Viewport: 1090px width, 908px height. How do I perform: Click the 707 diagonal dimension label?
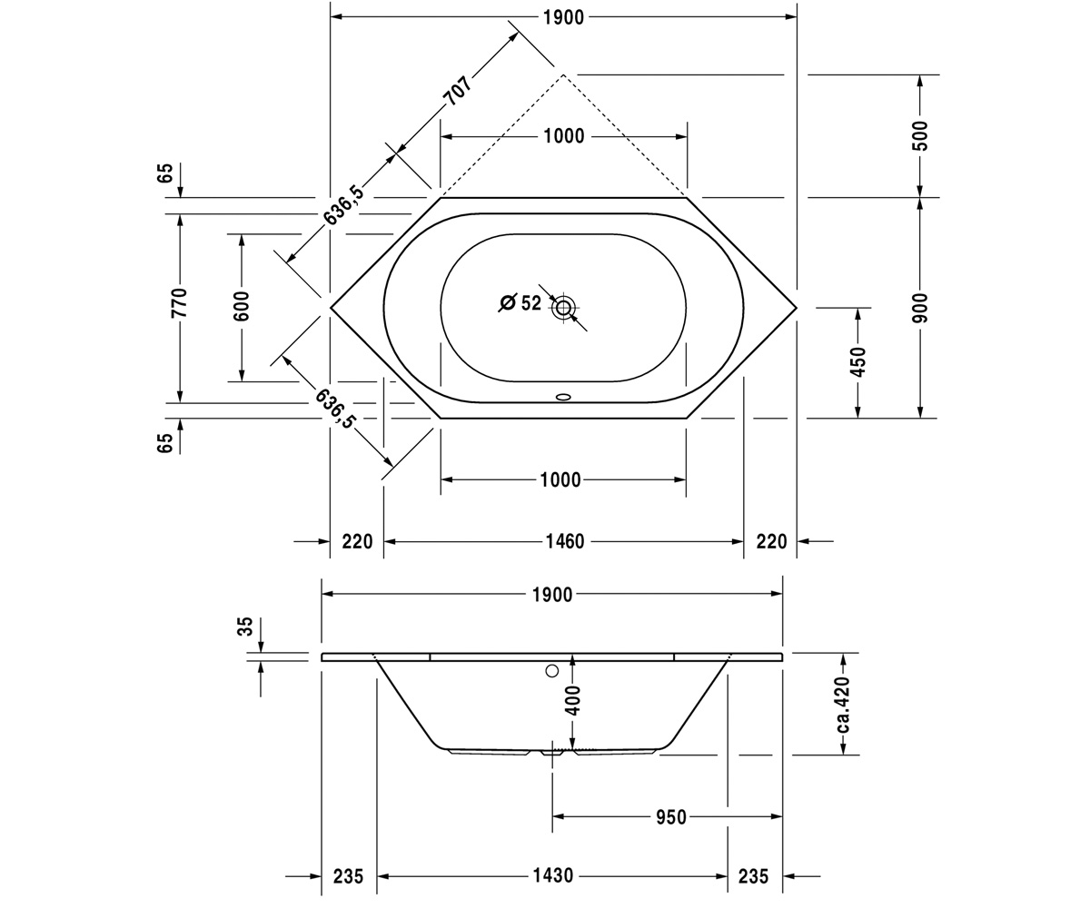[x=457, y=91]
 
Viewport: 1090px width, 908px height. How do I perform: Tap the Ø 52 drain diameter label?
[x=521, y=302]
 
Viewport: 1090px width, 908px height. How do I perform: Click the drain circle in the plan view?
[x=563, y=308]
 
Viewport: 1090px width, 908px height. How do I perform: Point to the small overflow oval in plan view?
[x=563, y=397]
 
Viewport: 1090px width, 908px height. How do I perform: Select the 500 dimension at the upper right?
[x=920, y=135]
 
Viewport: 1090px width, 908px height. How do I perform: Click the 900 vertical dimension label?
[x=920, y=308]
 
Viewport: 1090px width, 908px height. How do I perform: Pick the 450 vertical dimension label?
[x=857, y=361]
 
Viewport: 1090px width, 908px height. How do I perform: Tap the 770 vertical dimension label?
[x=179, y=302]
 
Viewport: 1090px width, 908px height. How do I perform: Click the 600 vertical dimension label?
[x=242, y=306]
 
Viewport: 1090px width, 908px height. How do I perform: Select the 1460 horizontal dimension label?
[x=565, y=542]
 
